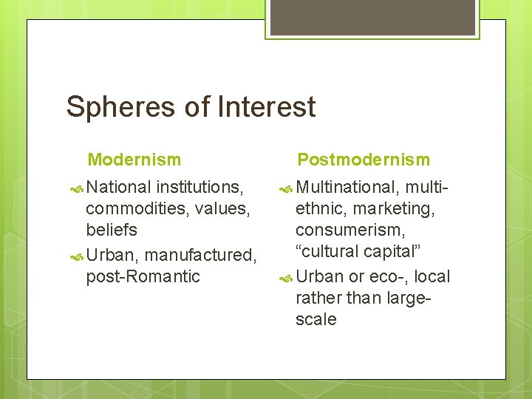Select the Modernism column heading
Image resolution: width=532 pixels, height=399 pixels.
click(134, 160)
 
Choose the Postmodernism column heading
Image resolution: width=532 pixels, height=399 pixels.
click(363, 160)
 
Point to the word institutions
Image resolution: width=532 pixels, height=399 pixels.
click(200, 188)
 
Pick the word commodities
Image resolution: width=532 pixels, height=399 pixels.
click(135, 209)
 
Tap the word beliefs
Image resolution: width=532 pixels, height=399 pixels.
click(112, 230)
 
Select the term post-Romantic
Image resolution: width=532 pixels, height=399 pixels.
click(143, 276)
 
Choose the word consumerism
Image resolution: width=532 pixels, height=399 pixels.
click(349, 230)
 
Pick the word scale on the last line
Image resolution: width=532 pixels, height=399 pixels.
click(316, 319)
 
